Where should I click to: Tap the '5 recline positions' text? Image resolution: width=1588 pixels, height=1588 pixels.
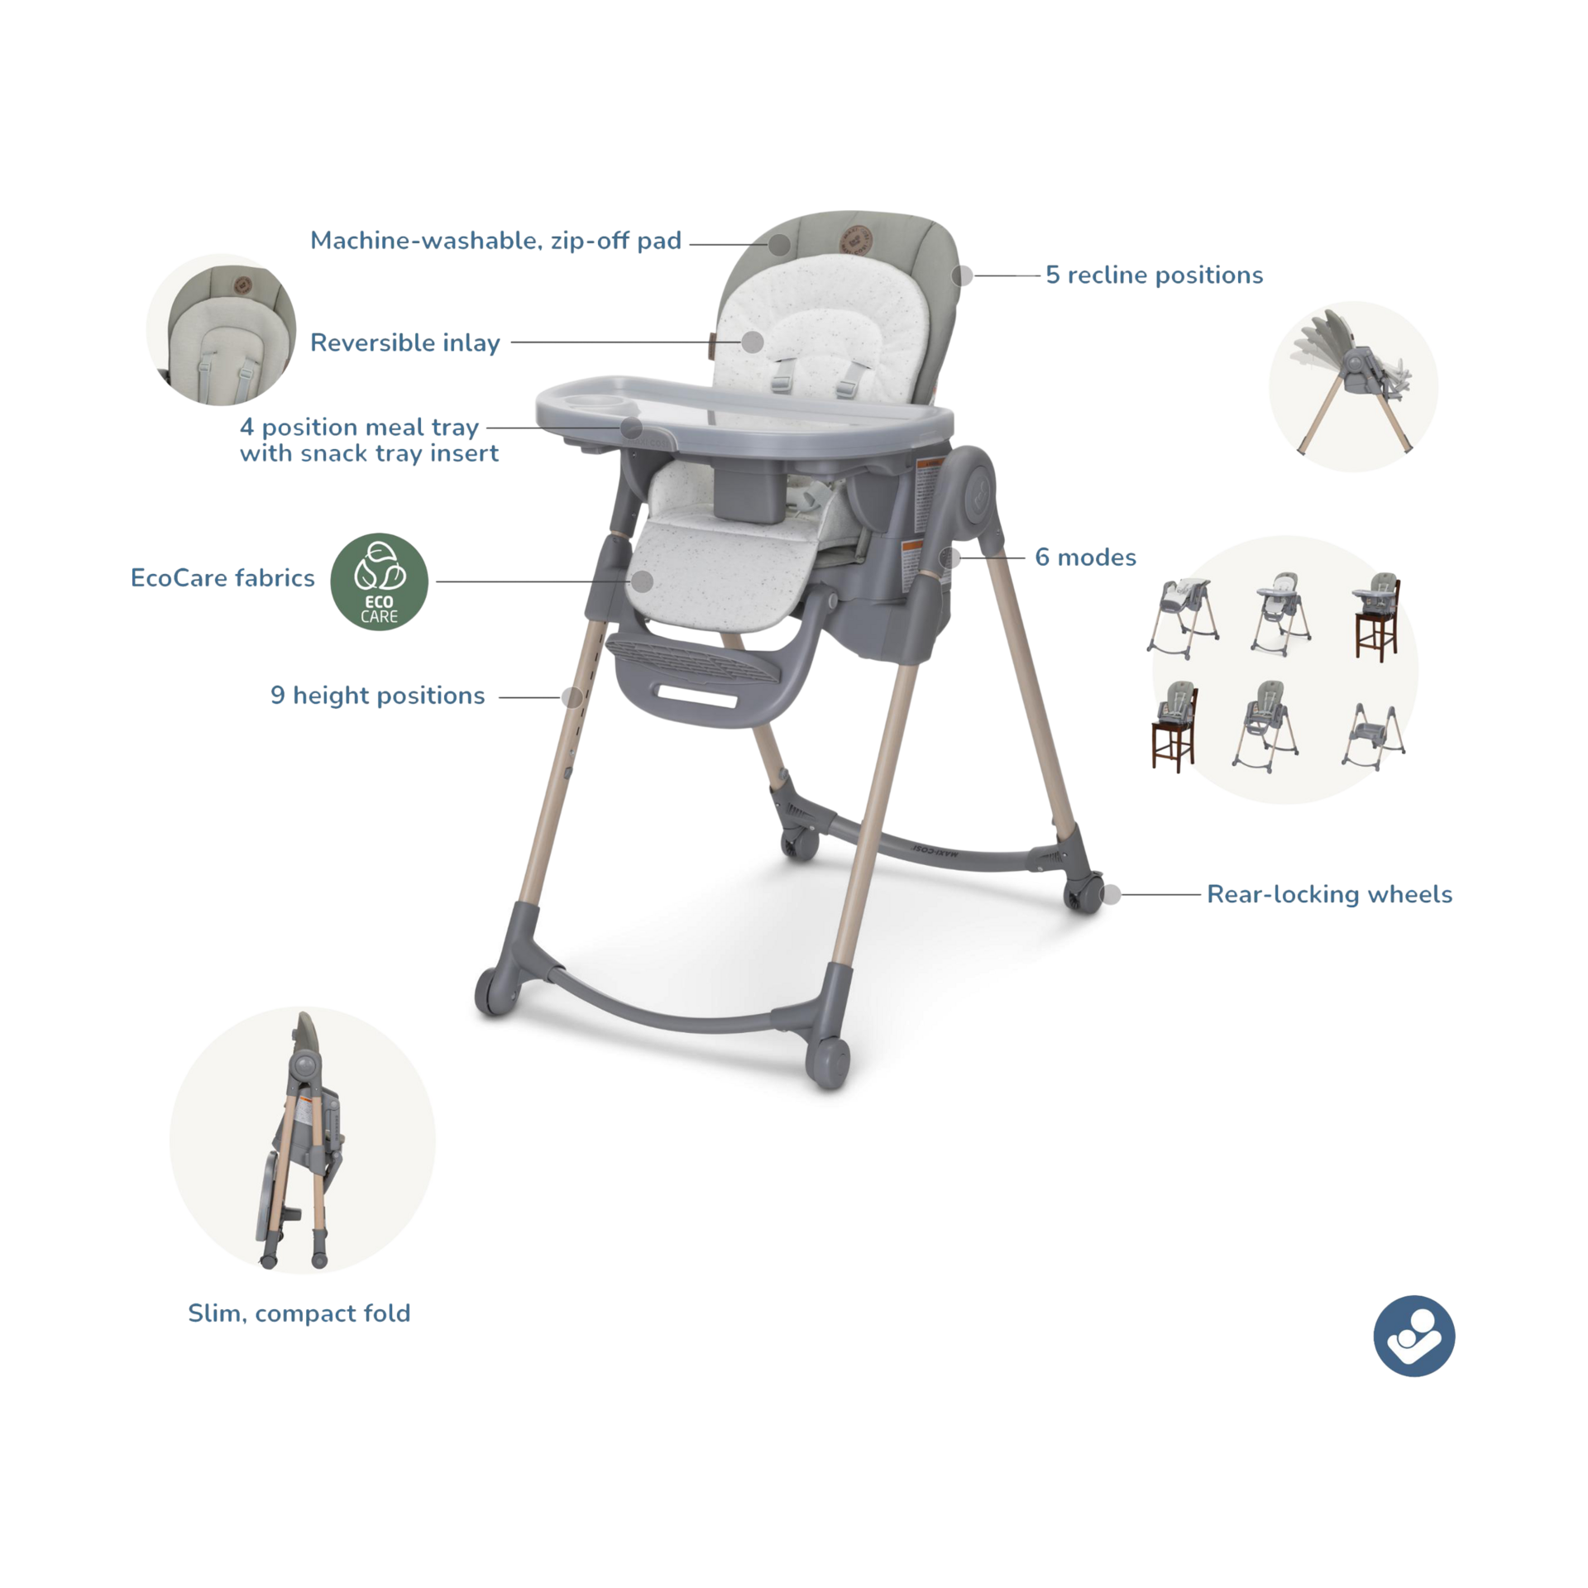click(1154, 275)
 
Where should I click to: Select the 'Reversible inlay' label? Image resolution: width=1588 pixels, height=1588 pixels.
click(404, 342)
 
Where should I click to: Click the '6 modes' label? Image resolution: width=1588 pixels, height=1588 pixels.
click(1085, 557)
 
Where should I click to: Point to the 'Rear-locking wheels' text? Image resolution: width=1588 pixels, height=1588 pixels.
click(1329, 894)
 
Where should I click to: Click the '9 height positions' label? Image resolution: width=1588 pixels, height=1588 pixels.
click(377, 696)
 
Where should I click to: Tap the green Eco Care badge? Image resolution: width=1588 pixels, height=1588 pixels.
click(380, 581)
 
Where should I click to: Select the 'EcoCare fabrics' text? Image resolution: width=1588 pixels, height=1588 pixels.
click(223, 578)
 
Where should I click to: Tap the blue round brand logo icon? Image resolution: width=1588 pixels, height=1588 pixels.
click(1413, 1336)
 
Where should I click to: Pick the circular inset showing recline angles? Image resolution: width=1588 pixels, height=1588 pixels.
click(1352, 386)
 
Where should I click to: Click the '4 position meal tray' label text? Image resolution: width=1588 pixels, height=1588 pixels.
click(359, 428)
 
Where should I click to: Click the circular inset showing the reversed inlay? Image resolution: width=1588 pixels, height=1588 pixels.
click(220, 328)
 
